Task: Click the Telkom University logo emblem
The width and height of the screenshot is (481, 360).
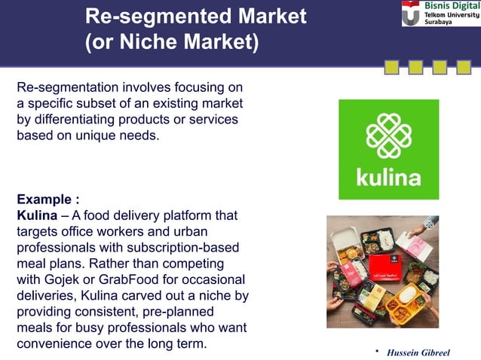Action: click(412, 14)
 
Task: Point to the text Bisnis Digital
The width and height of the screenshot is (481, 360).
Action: click(450, 6)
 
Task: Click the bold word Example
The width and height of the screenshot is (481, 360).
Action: click(45, 200)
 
